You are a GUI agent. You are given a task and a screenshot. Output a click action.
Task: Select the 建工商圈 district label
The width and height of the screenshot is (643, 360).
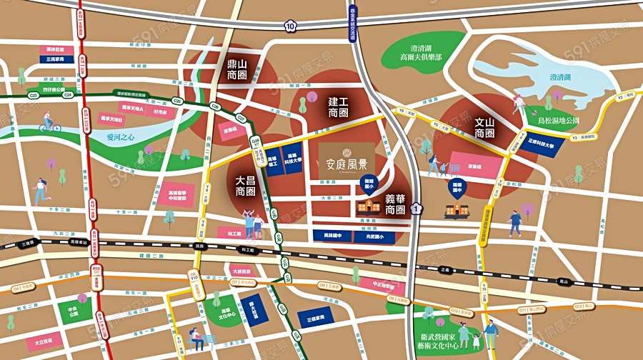pos(338,107)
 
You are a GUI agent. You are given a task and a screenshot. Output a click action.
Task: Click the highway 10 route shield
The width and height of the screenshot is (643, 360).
pos(289,26)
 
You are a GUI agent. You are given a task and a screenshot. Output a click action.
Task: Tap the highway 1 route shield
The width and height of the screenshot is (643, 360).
pos(417,209)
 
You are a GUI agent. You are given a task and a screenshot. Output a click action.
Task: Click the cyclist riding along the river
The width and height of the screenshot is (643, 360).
pos(49,123)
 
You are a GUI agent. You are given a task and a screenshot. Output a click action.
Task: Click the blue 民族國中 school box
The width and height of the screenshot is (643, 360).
pos(333,235)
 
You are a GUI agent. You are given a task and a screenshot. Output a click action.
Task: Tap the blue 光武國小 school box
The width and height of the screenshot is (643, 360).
pos(370,235)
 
